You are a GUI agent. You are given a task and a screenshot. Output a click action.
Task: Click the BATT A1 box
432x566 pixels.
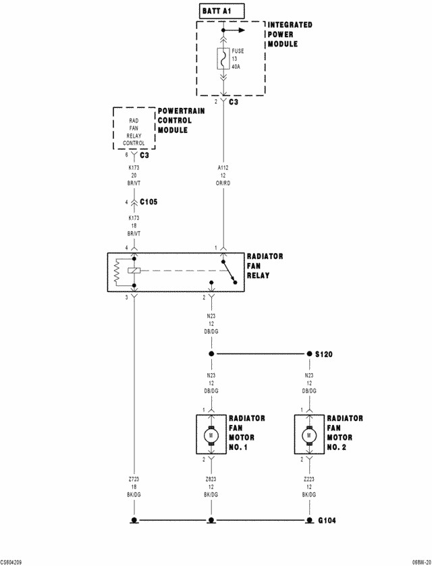tap(222, 11)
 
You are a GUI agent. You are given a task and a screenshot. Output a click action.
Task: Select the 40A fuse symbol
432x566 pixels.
tap(223, 59)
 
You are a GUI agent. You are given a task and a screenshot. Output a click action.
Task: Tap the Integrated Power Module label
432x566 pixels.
tap(290, 34)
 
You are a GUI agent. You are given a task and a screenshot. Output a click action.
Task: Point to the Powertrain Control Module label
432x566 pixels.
tap(181, 120)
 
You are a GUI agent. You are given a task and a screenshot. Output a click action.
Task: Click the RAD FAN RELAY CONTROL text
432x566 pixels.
tap(134, 132)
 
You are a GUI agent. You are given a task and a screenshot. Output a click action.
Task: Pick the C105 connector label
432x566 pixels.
tap(148, 202)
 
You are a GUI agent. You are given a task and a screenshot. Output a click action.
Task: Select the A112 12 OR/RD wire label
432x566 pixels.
tap(223, 175)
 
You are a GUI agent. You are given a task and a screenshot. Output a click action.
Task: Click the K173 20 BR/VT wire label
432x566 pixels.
tap(134, 175)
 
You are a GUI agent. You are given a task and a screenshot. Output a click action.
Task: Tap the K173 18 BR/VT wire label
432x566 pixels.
tap(134, 225)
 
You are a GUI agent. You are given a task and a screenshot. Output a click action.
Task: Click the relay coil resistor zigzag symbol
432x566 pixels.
tap(117, 272)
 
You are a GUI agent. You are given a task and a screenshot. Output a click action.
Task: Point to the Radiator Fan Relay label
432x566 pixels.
tap(265, 266)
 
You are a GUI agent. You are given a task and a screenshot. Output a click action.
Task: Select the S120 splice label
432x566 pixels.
tap(323, 354)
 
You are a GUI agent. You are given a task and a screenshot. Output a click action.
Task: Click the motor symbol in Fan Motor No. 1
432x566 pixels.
tap(211, 435)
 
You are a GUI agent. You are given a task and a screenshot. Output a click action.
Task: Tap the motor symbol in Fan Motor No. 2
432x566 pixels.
tap(309, 435)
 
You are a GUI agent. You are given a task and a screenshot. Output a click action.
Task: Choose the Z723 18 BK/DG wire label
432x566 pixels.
tap(134, 487)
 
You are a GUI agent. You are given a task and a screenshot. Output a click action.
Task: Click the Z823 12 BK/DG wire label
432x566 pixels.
tap(211, 487)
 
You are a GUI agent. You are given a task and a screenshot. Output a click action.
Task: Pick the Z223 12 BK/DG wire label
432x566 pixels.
tap(309, 487)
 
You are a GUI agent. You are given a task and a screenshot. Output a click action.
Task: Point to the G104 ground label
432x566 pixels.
tap(327, 521)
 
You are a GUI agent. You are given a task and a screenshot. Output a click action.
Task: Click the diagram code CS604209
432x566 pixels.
tap(11, 563)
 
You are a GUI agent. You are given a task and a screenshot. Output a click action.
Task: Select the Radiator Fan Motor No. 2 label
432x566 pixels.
tap(345, 432)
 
